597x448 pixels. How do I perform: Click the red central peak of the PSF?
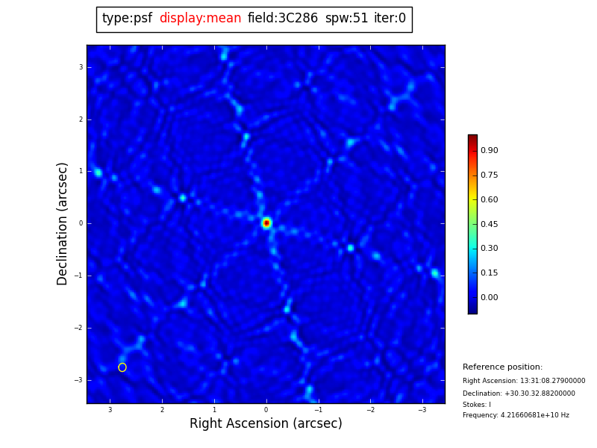click(266, 223)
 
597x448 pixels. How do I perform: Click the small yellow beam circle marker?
click(122, 367)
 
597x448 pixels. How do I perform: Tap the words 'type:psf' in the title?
click(127, 19)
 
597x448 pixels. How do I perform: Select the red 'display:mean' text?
click(200, 19)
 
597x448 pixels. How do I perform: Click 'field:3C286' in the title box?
click(282, 19)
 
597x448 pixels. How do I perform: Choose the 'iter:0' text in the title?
click(390, 19)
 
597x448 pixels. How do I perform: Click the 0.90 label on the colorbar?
click(490, 151)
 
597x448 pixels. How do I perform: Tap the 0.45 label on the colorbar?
click(490, 224)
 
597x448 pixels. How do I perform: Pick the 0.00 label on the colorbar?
click(490, 298)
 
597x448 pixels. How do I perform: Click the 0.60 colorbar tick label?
click(490, 199)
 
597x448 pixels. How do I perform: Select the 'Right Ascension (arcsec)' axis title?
click(266, 424)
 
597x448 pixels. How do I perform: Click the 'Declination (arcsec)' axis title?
click(63, 223)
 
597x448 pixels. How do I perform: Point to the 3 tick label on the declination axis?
click(81, 67)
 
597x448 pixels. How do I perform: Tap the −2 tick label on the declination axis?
click(78, 328)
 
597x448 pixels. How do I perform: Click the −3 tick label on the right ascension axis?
click(422, 410)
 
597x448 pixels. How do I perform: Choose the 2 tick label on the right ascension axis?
click(162, 410)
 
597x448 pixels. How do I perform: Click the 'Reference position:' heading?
click(502, 367)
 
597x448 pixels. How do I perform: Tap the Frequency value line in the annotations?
click(516, 415)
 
